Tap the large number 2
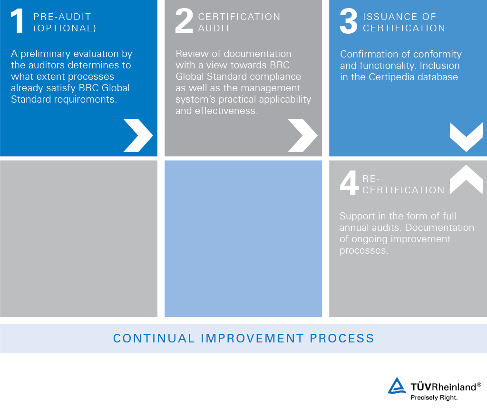click(184, 22)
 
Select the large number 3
click(349, 22)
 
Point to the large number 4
click(349, 184)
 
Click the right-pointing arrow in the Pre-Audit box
click(138, 135)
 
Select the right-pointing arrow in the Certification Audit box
click(302, 135)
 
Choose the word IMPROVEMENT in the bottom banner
click(252, 339)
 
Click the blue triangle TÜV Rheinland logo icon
click(397, 386)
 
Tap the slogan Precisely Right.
click(434, 398)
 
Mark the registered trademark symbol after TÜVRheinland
click(479, 384)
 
